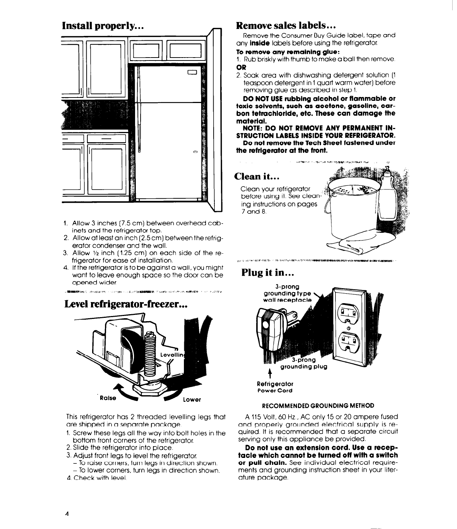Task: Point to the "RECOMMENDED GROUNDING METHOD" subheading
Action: (x=318, y=405)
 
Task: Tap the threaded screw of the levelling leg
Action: (x=151, y=352)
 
